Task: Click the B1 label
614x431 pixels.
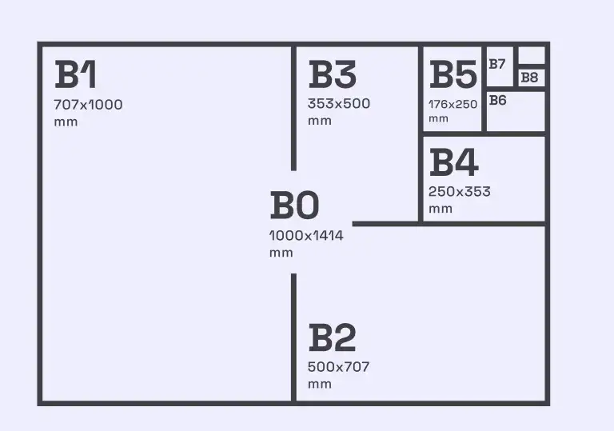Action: point(76,74)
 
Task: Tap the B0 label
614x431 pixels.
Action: point(295,205)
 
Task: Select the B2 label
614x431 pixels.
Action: point(333,337)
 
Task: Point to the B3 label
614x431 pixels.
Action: point(333,74)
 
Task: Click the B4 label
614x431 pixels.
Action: point(454,162)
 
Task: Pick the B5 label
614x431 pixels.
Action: point(453,74)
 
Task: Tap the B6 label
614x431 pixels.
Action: point(498,100)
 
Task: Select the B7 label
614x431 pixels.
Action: point(497,64)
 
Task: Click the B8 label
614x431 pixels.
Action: point(529,78)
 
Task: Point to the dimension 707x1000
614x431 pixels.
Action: point(88,105)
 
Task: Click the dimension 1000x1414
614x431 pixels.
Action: point(306,235)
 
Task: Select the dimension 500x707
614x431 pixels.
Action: point(339,367)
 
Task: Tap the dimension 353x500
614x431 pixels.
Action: point(339,103)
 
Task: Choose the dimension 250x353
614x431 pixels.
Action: point(460,192)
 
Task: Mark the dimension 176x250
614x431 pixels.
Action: point(453,104)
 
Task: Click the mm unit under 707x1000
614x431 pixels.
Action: point(66,122)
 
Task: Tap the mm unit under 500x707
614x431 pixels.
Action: point(320,385)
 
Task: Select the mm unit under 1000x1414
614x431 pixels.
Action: point(281,253)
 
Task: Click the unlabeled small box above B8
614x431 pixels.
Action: point(532,55)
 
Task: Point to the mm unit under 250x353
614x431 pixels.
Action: point(441,209)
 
